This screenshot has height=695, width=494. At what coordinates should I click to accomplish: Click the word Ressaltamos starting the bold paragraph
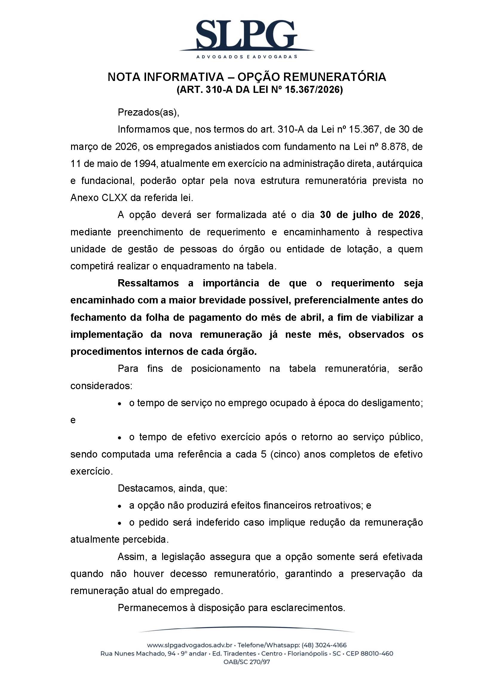tap(148, 283)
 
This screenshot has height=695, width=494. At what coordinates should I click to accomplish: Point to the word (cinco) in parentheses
tap(285, 454)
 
